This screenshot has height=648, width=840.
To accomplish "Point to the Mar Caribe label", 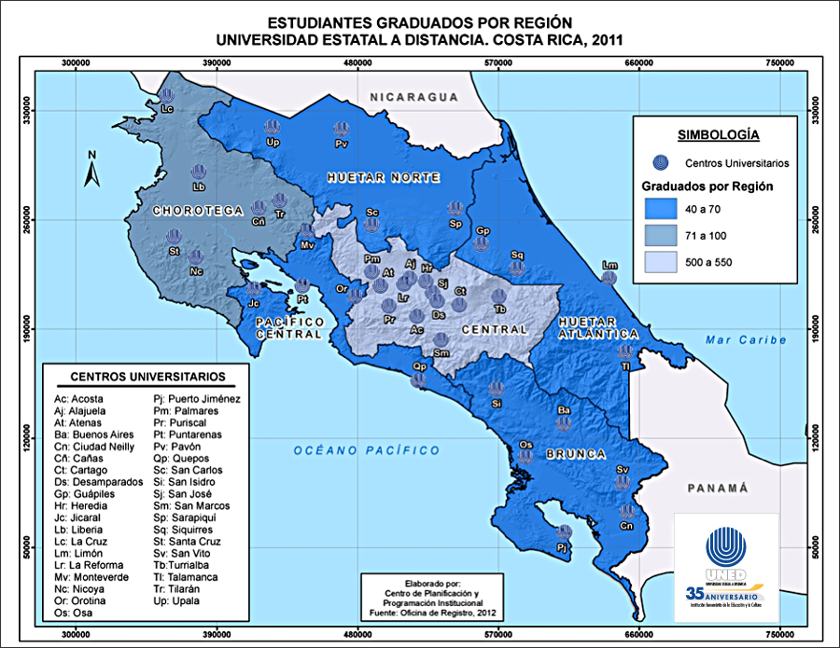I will pos(746,340).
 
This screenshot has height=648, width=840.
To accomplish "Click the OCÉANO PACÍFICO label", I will pos(366,450).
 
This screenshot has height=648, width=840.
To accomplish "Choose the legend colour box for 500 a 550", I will pos(665,262).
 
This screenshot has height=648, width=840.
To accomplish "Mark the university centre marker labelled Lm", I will pos(609,276).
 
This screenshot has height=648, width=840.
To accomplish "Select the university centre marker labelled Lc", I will pos(167,96).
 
